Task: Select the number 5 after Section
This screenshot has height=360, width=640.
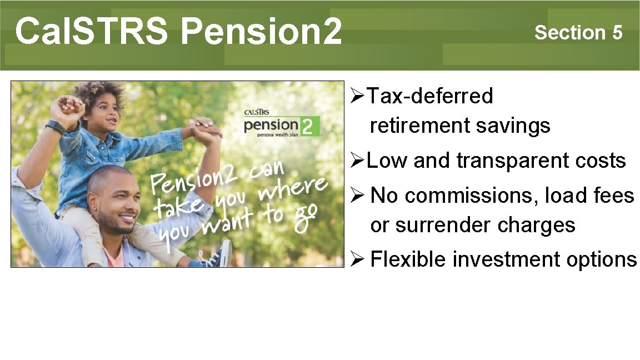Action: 617,33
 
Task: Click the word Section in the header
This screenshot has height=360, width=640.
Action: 570,33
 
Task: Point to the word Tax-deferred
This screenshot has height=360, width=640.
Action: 430,96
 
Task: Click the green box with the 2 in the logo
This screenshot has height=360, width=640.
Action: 310,127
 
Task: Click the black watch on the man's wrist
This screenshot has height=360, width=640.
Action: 55,127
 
